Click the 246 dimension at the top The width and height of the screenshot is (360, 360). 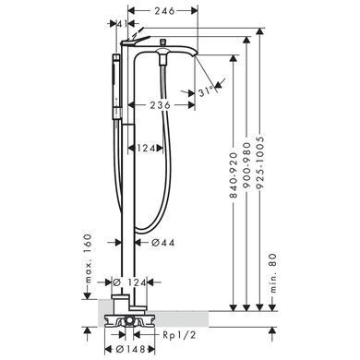tap(164, 11)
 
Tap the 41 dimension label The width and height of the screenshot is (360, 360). tap(122, 24)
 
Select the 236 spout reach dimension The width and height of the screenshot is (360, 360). tap(160, 105)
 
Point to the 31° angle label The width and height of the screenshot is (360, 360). tap(206, 91)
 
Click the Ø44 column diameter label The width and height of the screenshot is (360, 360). tap(163, 243)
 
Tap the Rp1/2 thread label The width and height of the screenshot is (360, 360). tap(179, 334)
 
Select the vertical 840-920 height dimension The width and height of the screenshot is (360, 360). tap(234, 175)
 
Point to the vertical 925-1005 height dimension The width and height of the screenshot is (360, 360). tap(260, 162)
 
